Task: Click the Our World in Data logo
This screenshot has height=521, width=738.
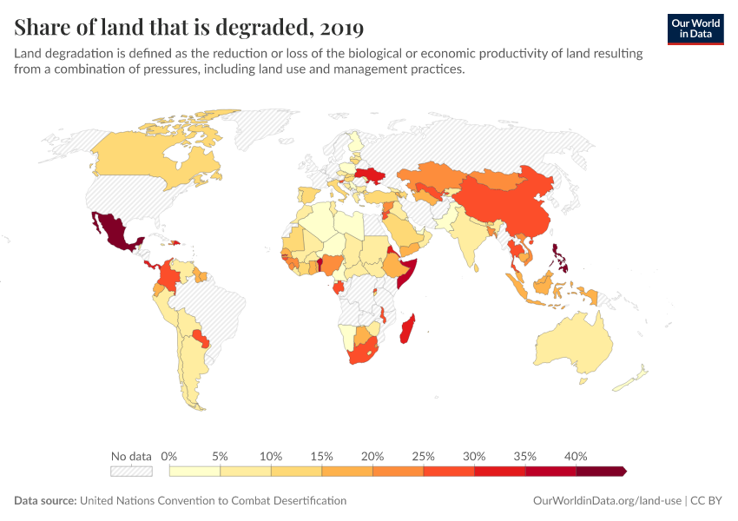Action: click(695, 29)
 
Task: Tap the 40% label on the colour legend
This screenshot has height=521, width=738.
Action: click(576, 456)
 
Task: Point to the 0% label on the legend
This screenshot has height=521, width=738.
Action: click(169, 456)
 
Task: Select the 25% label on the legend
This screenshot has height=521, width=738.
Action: click(424, 456)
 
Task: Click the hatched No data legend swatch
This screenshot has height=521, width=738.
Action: click(131, 472)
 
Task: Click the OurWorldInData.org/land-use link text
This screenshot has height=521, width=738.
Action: click(606, 501)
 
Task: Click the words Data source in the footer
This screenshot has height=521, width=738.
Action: click(45, 501)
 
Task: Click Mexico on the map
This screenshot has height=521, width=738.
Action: click(113, 230)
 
